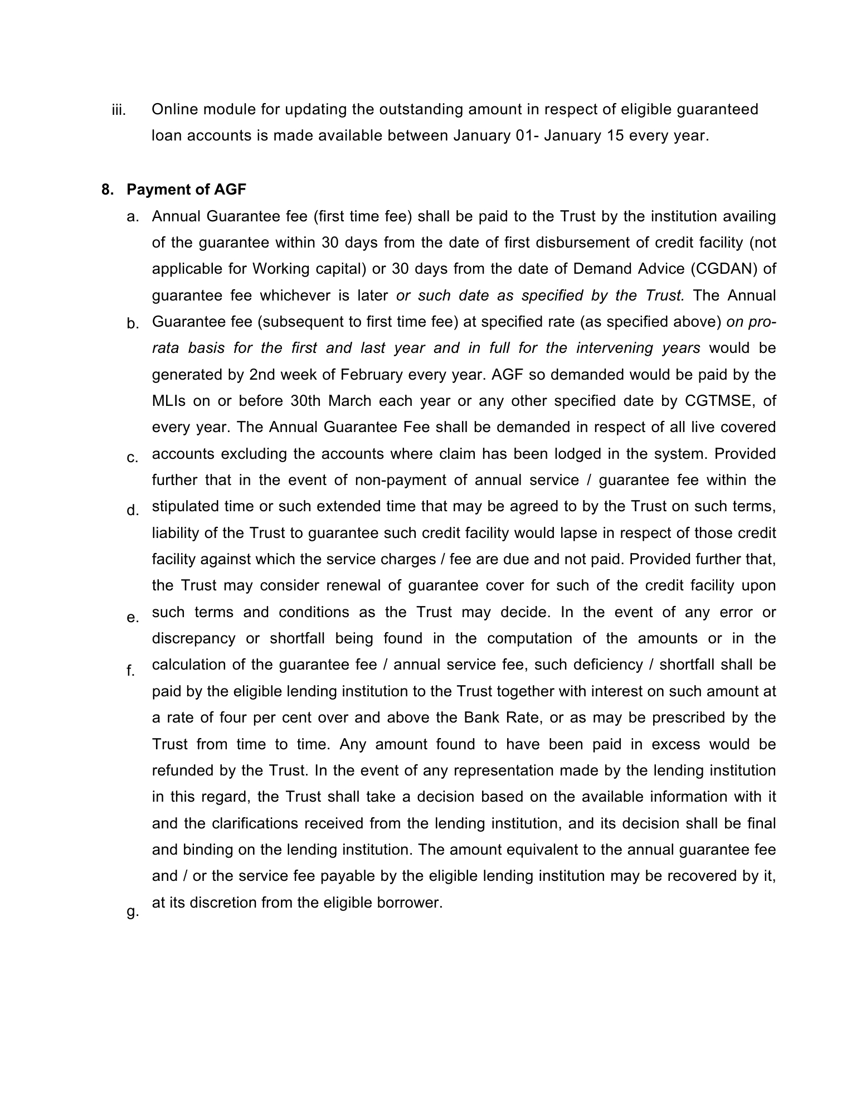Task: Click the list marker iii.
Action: point(119,110)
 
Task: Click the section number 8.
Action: point(107,190)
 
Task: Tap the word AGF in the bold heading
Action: point(230,190)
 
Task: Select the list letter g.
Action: point(132,912)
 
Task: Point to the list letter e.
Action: point(132,617)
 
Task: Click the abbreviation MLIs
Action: point(168,401)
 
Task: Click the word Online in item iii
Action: point(174,109)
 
